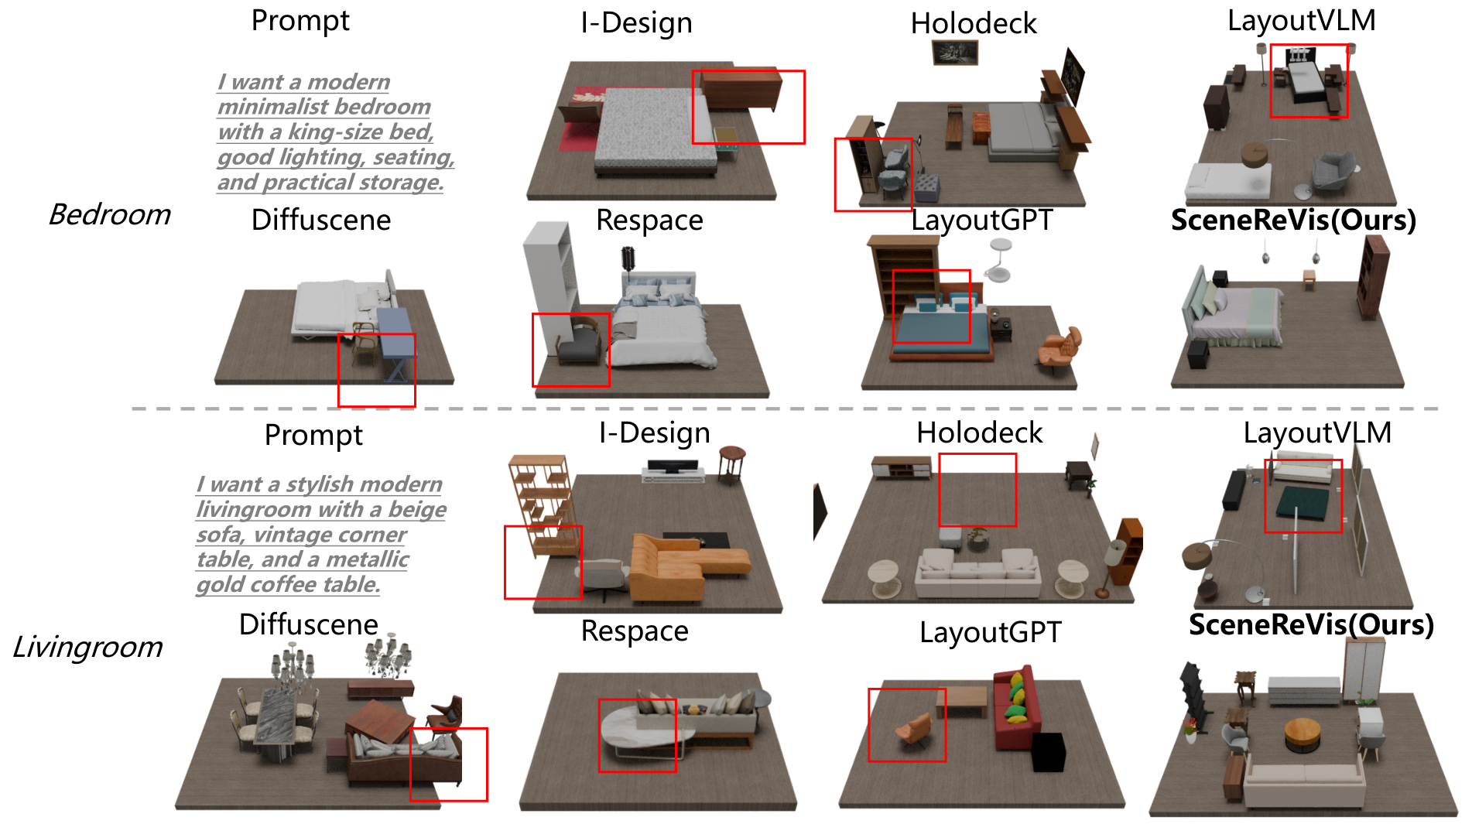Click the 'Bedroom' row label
(109, 214)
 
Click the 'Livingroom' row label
(87, 647)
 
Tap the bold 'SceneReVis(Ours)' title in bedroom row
(1292, 221)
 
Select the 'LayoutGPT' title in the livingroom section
(990, 633)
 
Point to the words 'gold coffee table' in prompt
(287, 584)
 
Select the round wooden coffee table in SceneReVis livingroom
(1303, 733)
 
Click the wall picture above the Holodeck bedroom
(955, 53)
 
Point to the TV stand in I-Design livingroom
(673, 471)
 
